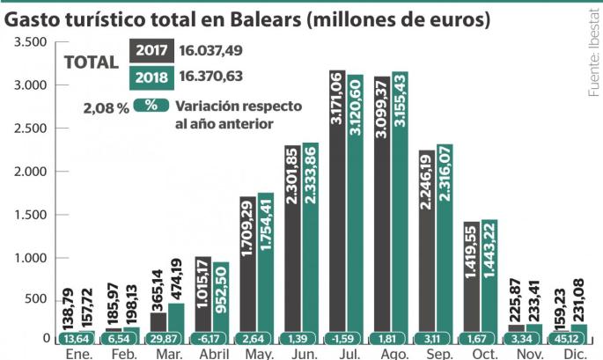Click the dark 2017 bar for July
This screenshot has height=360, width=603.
point(335,202)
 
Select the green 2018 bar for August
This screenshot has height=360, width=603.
point(400,202)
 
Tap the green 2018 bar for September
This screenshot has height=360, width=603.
point(445,238)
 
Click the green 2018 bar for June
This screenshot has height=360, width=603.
point(310,238)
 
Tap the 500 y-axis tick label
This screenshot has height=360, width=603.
point(33,300)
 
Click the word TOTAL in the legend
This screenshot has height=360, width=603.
point(92,63)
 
